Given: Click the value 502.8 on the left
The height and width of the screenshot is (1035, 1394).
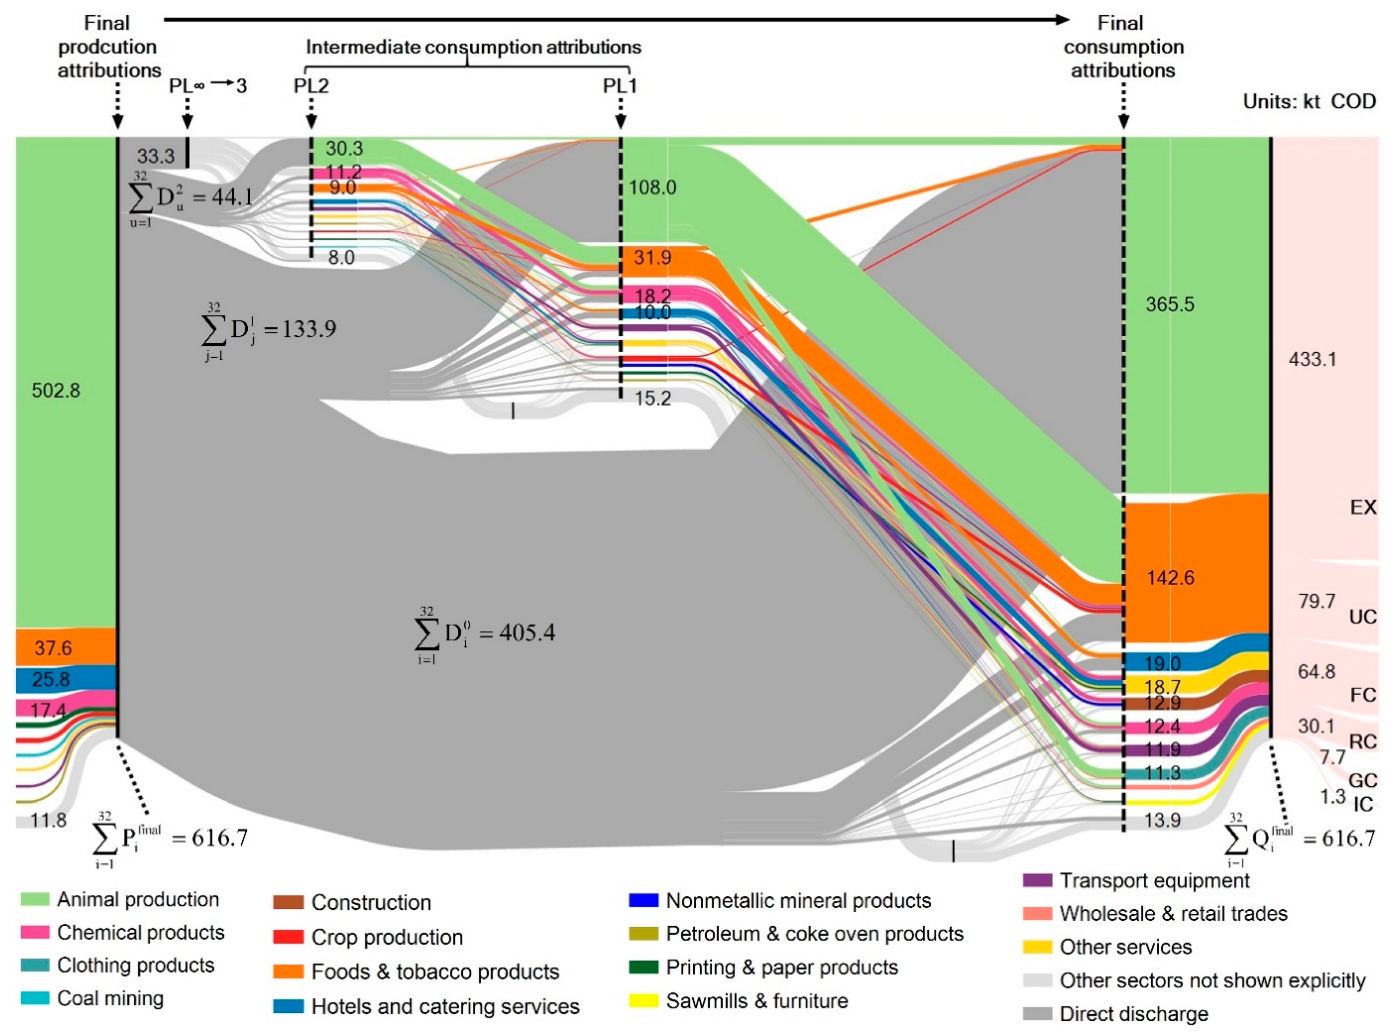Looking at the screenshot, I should point(56,391).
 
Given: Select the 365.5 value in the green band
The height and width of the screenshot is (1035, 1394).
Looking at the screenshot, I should point(1170,305).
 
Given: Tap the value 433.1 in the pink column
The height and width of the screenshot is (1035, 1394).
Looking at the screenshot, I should point(1312,359).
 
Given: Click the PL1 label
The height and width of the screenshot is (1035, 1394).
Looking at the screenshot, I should point(620,85).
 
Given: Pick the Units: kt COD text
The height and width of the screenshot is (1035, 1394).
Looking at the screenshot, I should point(1309,101).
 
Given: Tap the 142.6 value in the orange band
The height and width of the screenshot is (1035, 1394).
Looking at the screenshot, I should point(1170,578).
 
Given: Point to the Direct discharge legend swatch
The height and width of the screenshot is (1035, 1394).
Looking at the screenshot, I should point(1036,1013).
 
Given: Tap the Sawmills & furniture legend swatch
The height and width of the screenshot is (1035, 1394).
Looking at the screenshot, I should point(643,1001).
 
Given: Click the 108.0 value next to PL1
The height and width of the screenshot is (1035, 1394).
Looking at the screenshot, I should point(653,187).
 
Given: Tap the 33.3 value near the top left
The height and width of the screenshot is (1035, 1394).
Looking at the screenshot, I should point(156,155).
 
